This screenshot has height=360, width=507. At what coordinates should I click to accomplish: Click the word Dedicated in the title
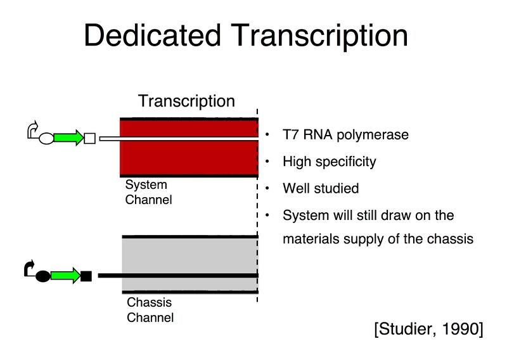tap(152, 35)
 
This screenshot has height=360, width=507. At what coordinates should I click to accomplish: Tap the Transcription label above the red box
tap(186, 101)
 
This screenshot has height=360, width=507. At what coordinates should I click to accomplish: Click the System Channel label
tap(148, 192)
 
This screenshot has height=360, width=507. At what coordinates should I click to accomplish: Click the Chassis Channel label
tap(150, 310)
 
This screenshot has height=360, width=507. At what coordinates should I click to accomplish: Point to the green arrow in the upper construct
tap(68, 138)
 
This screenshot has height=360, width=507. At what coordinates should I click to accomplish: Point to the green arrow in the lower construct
tap(65, 276)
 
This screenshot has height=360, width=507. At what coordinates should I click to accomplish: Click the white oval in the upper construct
tap(47, 138)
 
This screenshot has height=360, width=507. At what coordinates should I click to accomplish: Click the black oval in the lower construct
tap(42, 276)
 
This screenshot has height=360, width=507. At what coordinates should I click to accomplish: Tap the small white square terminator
tap(89, 138)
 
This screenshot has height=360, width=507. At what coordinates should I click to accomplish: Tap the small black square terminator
tap(87, 276)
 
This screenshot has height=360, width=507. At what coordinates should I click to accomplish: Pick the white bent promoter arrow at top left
tap(33, 131)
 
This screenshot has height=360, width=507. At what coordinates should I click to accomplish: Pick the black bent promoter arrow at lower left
tap(29, 268)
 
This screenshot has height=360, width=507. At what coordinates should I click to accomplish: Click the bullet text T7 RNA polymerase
tap(345, 135)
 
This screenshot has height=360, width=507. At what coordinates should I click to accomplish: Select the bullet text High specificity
tap(329, 162)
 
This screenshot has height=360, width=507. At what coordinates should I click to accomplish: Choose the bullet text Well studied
tap(320, 188)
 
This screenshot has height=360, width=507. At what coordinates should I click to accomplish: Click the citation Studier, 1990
tap(428, 330)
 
